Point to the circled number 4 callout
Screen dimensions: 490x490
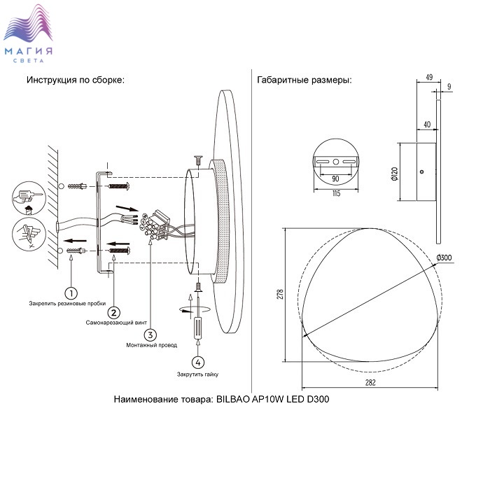tap(199, 362)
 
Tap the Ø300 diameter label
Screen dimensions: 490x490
tap(444, 258)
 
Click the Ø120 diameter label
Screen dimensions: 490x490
tap(395, 172)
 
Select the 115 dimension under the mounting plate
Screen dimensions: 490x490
tap(336, 194)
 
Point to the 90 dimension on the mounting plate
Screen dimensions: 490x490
tap(336, 178)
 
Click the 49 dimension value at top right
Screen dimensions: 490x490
tap(429, 78)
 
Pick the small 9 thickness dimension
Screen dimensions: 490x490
tap(449, 86)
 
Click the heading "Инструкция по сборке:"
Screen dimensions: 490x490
tap(76, 80)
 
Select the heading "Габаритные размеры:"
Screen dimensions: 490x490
tap(304, 80)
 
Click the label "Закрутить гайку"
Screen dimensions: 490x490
tap(199, 375)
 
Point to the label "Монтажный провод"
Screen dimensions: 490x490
tap(152, 346)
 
